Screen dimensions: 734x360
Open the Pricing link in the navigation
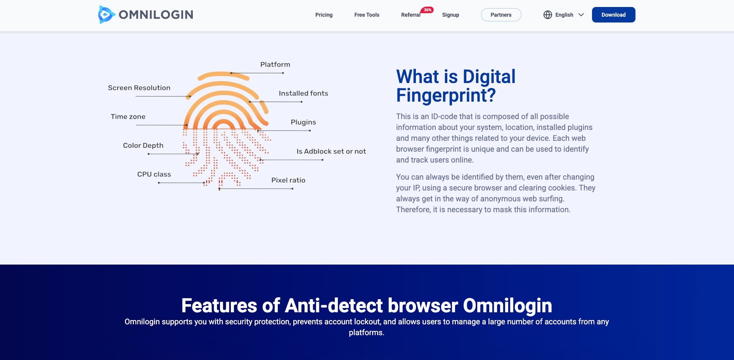324,15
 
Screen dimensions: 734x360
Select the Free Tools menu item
367,15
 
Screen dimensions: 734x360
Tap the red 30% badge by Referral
427,10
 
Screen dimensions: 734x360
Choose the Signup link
450,15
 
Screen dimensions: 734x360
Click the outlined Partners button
501,15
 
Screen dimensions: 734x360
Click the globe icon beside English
547,15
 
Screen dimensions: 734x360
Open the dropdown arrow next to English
581,15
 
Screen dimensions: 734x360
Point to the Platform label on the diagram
275,64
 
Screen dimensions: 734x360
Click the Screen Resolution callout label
139,88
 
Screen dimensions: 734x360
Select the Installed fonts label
303,93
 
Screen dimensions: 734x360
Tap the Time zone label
128,116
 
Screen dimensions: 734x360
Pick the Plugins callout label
303,122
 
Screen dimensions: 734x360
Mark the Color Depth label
143,145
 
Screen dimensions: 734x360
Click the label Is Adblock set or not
331,151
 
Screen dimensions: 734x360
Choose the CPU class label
154,174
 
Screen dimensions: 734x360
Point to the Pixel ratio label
288,180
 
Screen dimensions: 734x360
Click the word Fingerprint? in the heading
446,95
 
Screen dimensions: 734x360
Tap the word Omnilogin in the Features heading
507,305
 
